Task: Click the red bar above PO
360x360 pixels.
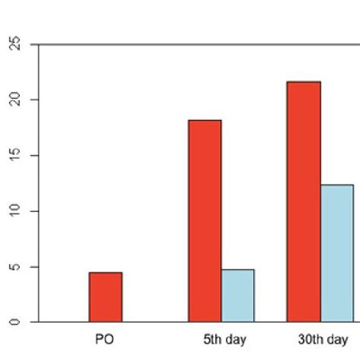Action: tap(105, 297)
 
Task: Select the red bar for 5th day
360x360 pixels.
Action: tap(205, 220)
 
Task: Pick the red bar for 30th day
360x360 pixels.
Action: tap(304, 201)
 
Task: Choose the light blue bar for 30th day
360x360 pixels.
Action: tap(336, 253)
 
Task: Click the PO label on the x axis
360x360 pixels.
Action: tap(105, 339)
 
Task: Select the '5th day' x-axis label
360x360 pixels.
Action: tap(221, 339)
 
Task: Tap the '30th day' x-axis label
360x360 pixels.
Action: tap(318, 339)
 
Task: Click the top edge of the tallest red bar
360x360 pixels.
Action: tap(304, 82)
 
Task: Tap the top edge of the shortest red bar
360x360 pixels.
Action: tap(105, 273)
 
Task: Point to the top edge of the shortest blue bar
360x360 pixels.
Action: tap(238, 270)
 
